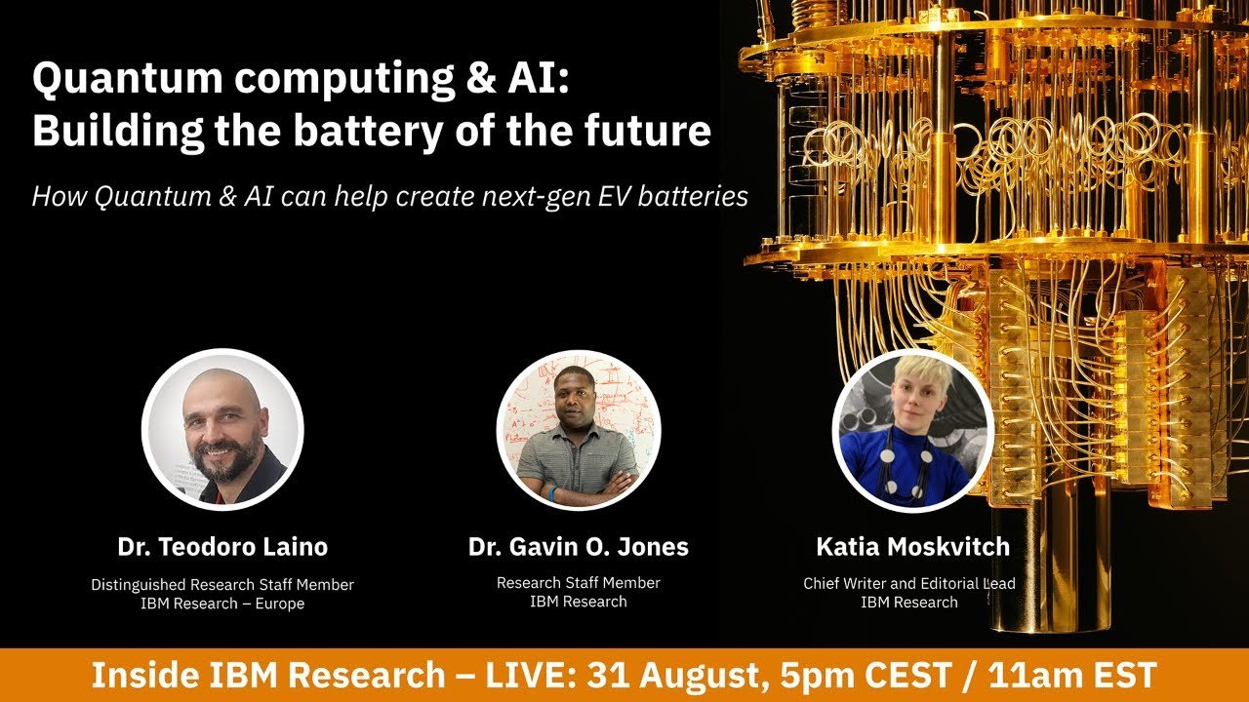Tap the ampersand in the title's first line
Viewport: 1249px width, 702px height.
click(481, 77)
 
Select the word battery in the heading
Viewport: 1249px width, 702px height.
click(368, 132)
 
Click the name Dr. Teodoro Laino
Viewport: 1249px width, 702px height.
click(222, 547)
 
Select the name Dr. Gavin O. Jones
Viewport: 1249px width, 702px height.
click(579, 547)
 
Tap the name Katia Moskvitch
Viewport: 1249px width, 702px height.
click(912, 547)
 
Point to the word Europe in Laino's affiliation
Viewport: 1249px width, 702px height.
click(280, 604)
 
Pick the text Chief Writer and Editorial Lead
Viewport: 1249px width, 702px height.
click(908, 584)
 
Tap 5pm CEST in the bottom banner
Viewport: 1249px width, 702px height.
click(866, 676)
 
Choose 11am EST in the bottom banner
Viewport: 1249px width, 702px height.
click(1072, 676)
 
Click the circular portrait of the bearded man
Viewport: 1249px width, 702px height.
click(222, 430)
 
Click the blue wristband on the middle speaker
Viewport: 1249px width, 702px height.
click(552, 493)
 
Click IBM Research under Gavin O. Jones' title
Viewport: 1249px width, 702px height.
click(579, 602)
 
